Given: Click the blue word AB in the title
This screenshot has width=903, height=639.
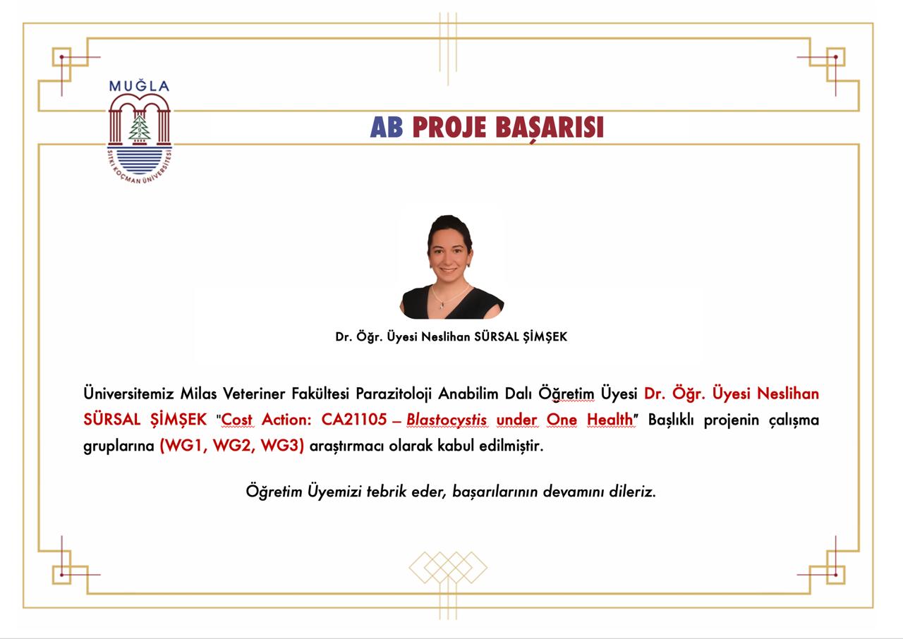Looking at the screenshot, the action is coord(386,128).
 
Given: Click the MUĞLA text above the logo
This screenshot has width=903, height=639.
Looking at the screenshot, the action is coord(139,85).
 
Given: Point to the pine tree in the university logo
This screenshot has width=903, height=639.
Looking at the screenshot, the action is coord(140,128).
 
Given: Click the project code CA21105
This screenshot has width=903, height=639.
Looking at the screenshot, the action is coord(353,420).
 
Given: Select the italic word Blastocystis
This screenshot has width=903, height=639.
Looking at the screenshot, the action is coord(447,420).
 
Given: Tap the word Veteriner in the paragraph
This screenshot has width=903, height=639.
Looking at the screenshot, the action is coord(254,394).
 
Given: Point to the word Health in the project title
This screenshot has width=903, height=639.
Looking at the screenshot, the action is coord(610,420).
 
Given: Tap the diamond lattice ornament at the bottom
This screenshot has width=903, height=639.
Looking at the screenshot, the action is coord(448,567).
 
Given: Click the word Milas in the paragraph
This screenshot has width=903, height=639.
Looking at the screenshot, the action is coord(198,394).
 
